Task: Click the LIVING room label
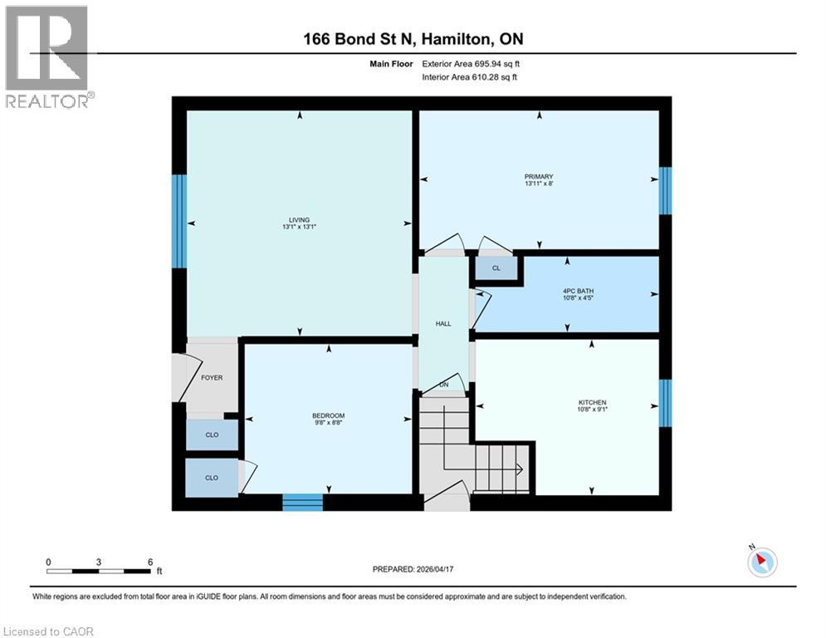coord(298,220)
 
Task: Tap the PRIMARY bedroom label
coord(538,176)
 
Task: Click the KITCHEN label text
coord(592,403)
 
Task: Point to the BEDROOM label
coord(328,415)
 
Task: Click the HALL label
coord(443,323)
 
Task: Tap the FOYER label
coord(212,377)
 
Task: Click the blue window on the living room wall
coord(178,221)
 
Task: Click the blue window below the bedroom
coord(302,502)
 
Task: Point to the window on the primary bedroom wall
coord(664,190)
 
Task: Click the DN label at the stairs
coord(443,385)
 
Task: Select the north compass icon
coord(761,562)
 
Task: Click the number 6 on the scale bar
coord(149,562)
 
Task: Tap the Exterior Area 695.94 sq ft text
coord(471,63)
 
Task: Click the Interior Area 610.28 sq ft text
coord(469,77)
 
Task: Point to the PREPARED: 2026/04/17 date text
coord(413,569)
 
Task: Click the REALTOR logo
coord(47,56)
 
